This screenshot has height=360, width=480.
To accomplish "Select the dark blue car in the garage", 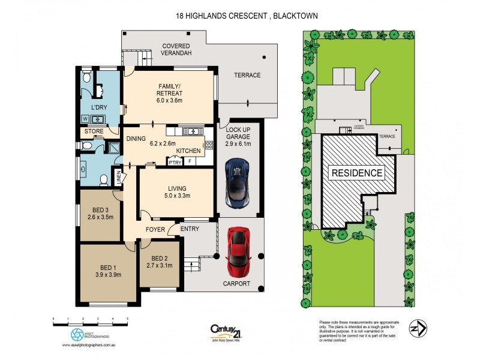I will coord(236,181).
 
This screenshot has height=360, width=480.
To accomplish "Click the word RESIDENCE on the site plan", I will coord(357,173).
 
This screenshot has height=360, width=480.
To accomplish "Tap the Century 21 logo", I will coord(226,332).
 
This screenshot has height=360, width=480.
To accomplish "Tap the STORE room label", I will coord(94,131).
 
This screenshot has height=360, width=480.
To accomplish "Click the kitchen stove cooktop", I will coord(209,144).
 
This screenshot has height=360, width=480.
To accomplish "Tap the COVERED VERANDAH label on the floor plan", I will coord(175,49).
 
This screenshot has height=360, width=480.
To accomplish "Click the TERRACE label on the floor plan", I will coord(247,75).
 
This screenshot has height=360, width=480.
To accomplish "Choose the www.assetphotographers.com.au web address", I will coord(89,346).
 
